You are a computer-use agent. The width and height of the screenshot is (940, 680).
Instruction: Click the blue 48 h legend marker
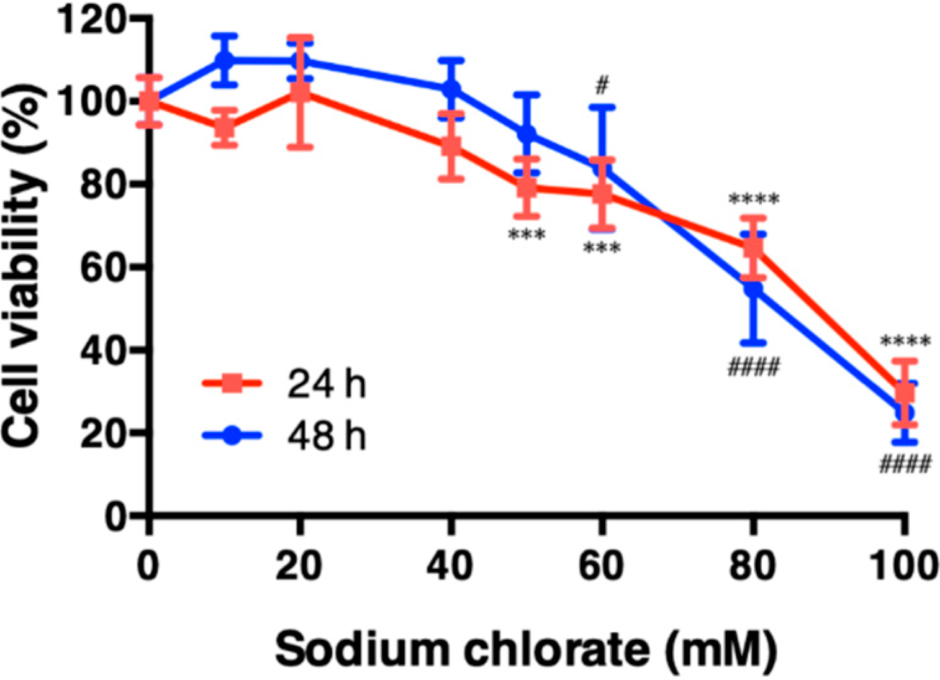[x=232, y=435]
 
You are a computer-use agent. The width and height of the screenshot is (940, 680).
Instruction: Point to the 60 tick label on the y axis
[x=101, y=267]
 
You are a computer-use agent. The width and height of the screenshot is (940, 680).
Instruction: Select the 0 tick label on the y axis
[x=115, y=515]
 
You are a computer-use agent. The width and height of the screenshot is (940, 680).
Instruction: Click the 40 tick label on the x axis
[x=451, y=565]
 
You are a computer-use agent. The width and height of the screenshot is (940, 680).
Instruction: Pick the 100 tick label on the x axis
[x=903, y=565]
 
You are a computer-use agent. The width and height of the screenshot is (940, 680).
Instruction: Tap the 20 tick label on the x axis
[x=300, y=565]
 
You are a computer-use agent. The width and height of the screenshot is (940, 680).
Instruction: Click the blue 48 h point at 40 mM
[x=451, y=89]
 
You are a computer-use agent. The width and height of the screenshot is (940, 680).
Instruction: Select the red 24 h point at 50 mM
[x=526, y=186]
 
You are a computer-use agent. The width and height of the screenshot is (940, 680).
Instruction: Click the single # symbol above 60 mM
[x=601, y=85]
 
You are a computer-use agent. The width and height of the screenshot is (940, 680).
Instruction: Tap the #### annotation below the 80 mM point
[x=753, y=368]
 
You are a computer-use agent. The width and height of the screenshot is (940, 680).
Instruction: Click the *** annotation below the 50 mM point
[x=526, y=235]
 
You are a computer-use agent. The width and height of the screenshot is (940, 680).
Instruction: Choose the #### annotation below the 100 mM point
[x=905, y=464]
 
